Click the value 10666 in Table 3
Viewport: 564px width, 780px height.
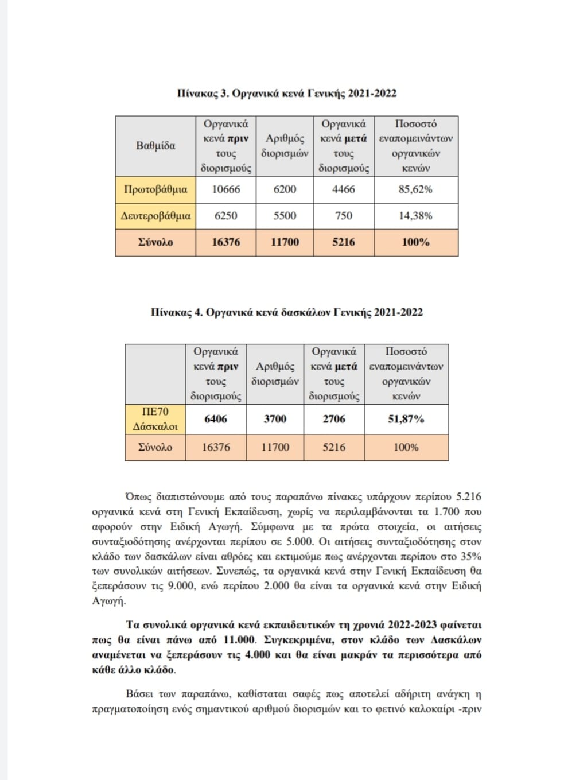coord(226,189)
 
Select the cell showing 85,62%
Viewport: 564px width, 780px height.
coord(415,189)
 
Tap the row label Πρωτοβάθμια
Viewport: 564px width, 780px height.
coord(155,189)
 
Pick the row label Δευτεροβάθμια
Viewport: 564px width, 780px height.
coord(155,216)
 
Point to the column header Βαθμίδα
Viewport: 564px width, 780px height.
coord(155,146)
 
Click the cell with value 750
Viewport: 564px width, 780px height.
coord(344,216)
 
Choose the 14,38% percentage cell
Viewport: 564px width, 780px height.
coord(415,216)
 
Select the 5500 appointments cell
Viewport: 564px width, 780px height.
coord(285,216)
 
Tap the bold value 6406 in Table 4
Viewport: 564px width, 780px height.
coord(216,419)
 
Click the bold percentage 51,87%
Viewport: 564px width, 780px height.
coord(406,419)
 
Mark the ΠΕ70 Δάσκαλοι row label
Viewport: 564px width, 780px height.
coord(155,419)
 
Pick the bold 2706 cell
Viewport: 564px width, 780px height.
coord(334,419)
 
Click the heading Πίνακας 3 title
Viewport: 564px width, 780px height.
coord(286,94)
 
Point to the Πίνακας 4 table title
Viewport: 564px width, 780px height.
coord(286,312)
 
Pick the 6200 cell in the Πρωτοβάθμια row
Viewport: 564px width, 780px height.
coord(285,189)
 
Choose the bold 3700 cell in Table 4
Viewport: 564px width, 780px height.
coord(275,419)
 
